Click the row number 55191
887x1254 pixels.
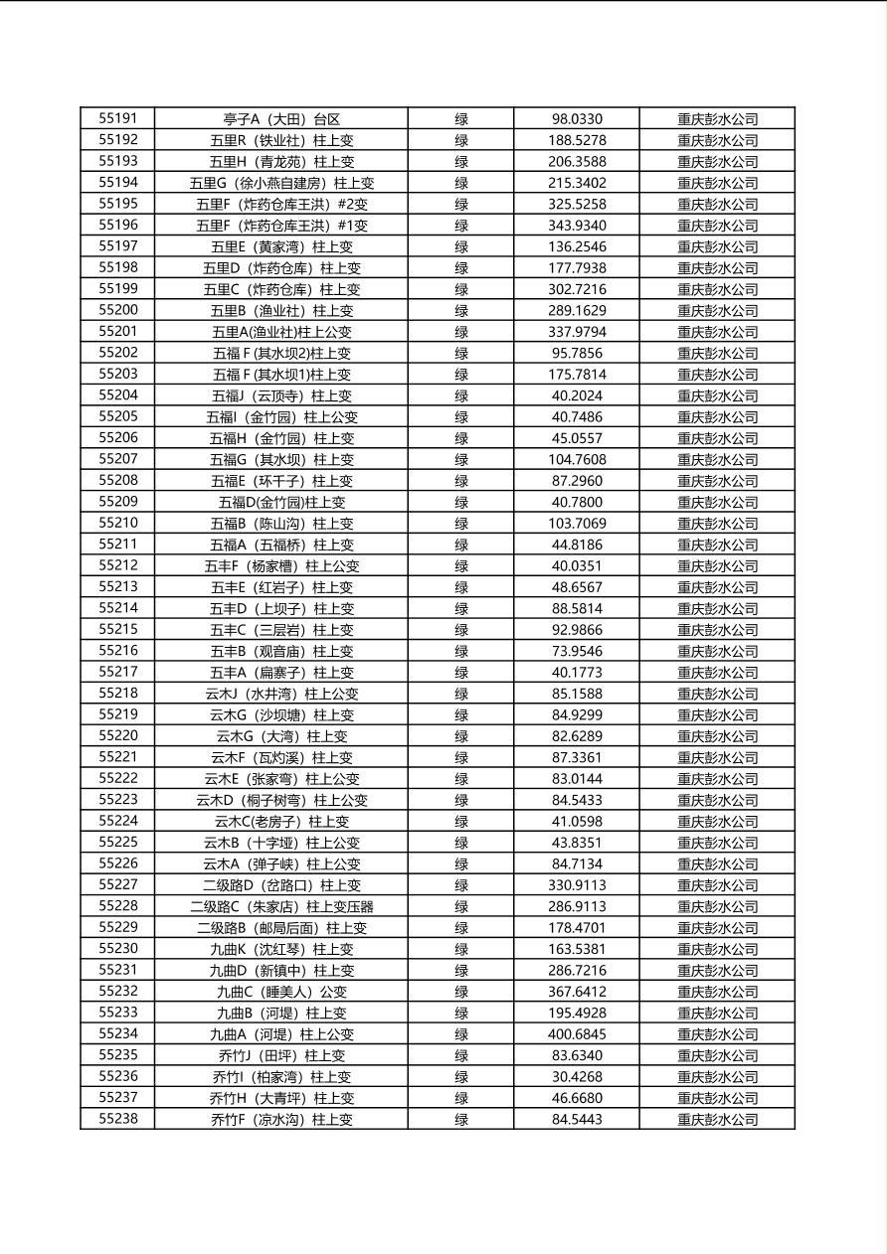tap(118, 118)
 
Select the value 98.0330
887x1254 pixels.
tap(577, 119)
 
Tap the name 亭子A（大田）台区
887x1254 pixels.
tap(281, 119)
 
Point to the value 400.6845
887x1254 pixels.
tap(577, 1034)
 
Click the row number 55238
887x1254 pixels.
tap(118, 1119)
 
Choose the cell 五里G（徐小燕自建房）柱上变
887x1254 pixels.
tap(281, 183)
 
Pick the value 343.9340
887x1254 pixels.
tap(577, 226)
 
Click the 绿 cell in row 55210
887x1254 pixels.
tap(461, 524)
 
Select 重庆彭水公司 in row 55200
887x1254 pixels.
tap(717, 311)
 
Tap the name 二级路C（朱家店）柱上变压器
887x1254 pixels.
tap(281, 906)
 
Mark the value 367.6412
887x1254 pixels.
tap(577, 992)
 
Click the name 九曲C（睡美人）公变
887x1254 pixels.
tap(281, 992)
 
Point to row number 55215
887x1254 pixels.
tap(118, 629)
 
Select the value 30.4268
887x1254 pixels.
tap(577, 1077)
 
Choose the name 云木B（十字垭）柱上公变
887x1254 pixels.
tap(281, 843)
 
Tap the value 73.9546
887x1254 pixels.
tap(577, 652)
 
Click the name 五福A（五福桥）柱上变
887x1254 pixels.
tap(281, 545)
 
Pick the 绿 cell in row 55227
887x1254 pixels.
tap(461, 885)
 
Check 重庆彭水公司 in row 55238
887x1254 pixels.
tap(717, 1120)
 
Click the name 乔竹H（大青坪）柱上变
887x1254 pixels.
tap(281, 1098)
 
